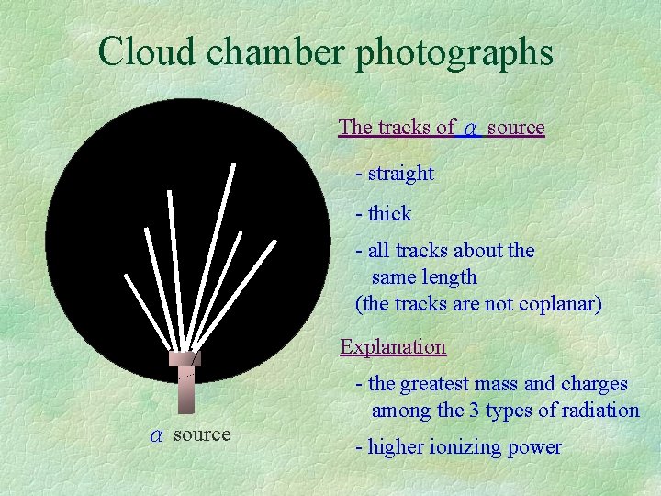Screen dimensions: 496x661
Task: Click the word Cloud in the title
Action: click(148, 51)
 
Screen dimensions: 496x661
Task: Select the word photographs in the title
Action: click(454, 53)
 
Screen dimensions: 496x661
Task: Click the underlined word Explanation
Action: click(393, 347)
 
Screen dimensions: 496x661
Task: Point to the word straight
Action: click(401, 174)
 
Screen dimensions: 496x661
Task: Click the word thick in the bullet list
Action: click(390, 214)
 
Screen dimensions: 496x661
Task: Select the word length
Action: click(449, 277)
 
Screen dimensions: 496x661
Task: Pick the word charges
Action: click(593, 384)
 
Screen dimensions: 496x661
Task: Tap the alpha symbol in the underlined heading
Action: click(471, 129)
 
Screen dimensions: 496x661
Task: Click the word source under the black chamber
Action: click(202, 434)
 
